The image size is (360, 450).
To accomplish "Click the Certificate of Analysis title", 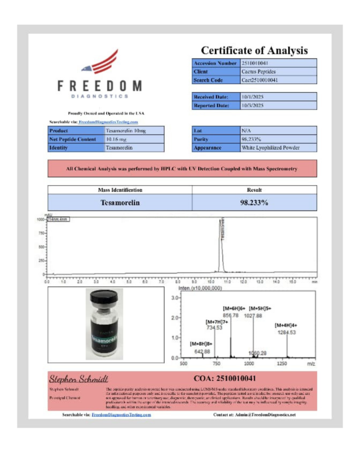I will point(254,50).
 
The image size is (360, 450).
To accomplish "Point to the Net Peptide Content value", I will point(116,139).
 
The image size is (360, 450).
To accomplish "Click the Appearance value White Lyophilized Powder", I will point(270,148).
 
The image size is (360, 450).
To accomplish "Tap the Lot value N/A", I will point(246,131).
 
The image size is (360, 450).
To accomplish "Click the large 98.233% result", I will point(254,203).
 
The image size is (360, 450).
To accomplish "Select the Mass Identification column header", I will point(120,190).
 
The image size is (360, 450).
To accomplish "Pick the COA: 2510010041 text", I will point(225,378).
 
